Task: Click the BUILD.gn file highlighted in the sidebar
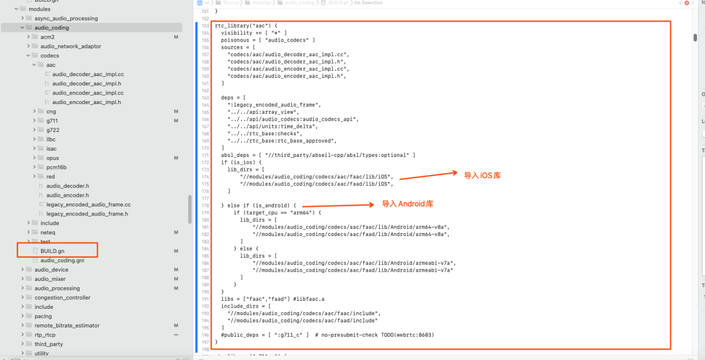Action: pyautogui.click(x=52, y=251)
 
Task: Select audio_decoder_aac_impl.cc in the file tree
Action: pyautogui.click(x=88, y=74)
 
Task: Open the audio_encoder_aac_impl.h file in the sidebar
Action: pyautogui.click(x=86, y=102)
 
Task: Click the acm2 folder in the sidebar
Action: pyautogui.click(x=47, y=37)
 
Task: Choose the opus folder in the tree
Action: pyautogui.click(x=52, y=158)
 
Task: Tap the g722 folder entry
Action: pyautogui.click(x=52, y=130)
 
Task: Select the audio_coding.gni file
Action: pyautogui.click(x=62, y=260)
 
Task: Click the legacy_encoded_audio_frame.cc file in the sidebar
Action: pyautogui.click(x=88, y=205)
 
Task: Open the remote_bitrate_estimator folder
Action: pyautogui.click(x=67, y=325)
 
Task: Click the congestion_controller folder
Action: pyautogui.click(x=62, y=297)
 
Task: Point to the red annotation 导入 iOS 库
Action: pyautogui.click(x=482, y=176)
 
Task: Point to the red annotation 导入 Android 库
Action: pyautogui.click(x=407, y=204)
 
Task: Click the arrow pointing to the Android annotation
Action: pyautogui.click(x=339, y=205)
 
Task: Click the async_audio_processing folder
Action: pyautogui.click(x=66, y=18)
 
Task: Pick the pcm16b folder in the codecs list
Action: pyautogui.click(x=56, y=167)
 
